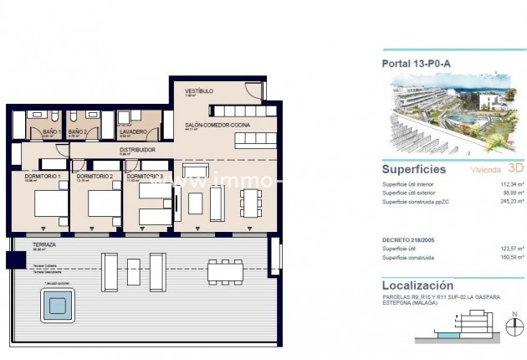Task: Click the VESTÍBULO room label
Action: point(199,90)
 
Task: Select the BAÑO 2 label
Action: point(78,131)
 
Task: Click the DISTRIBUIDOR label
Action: point(137,150)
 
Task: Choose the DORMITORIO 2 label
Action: point(94,177)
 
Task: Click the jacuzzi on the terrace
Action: point(56,306)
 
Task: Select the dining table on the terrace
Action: point(224,270)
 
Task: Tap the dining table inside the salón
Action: point(249,202)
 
